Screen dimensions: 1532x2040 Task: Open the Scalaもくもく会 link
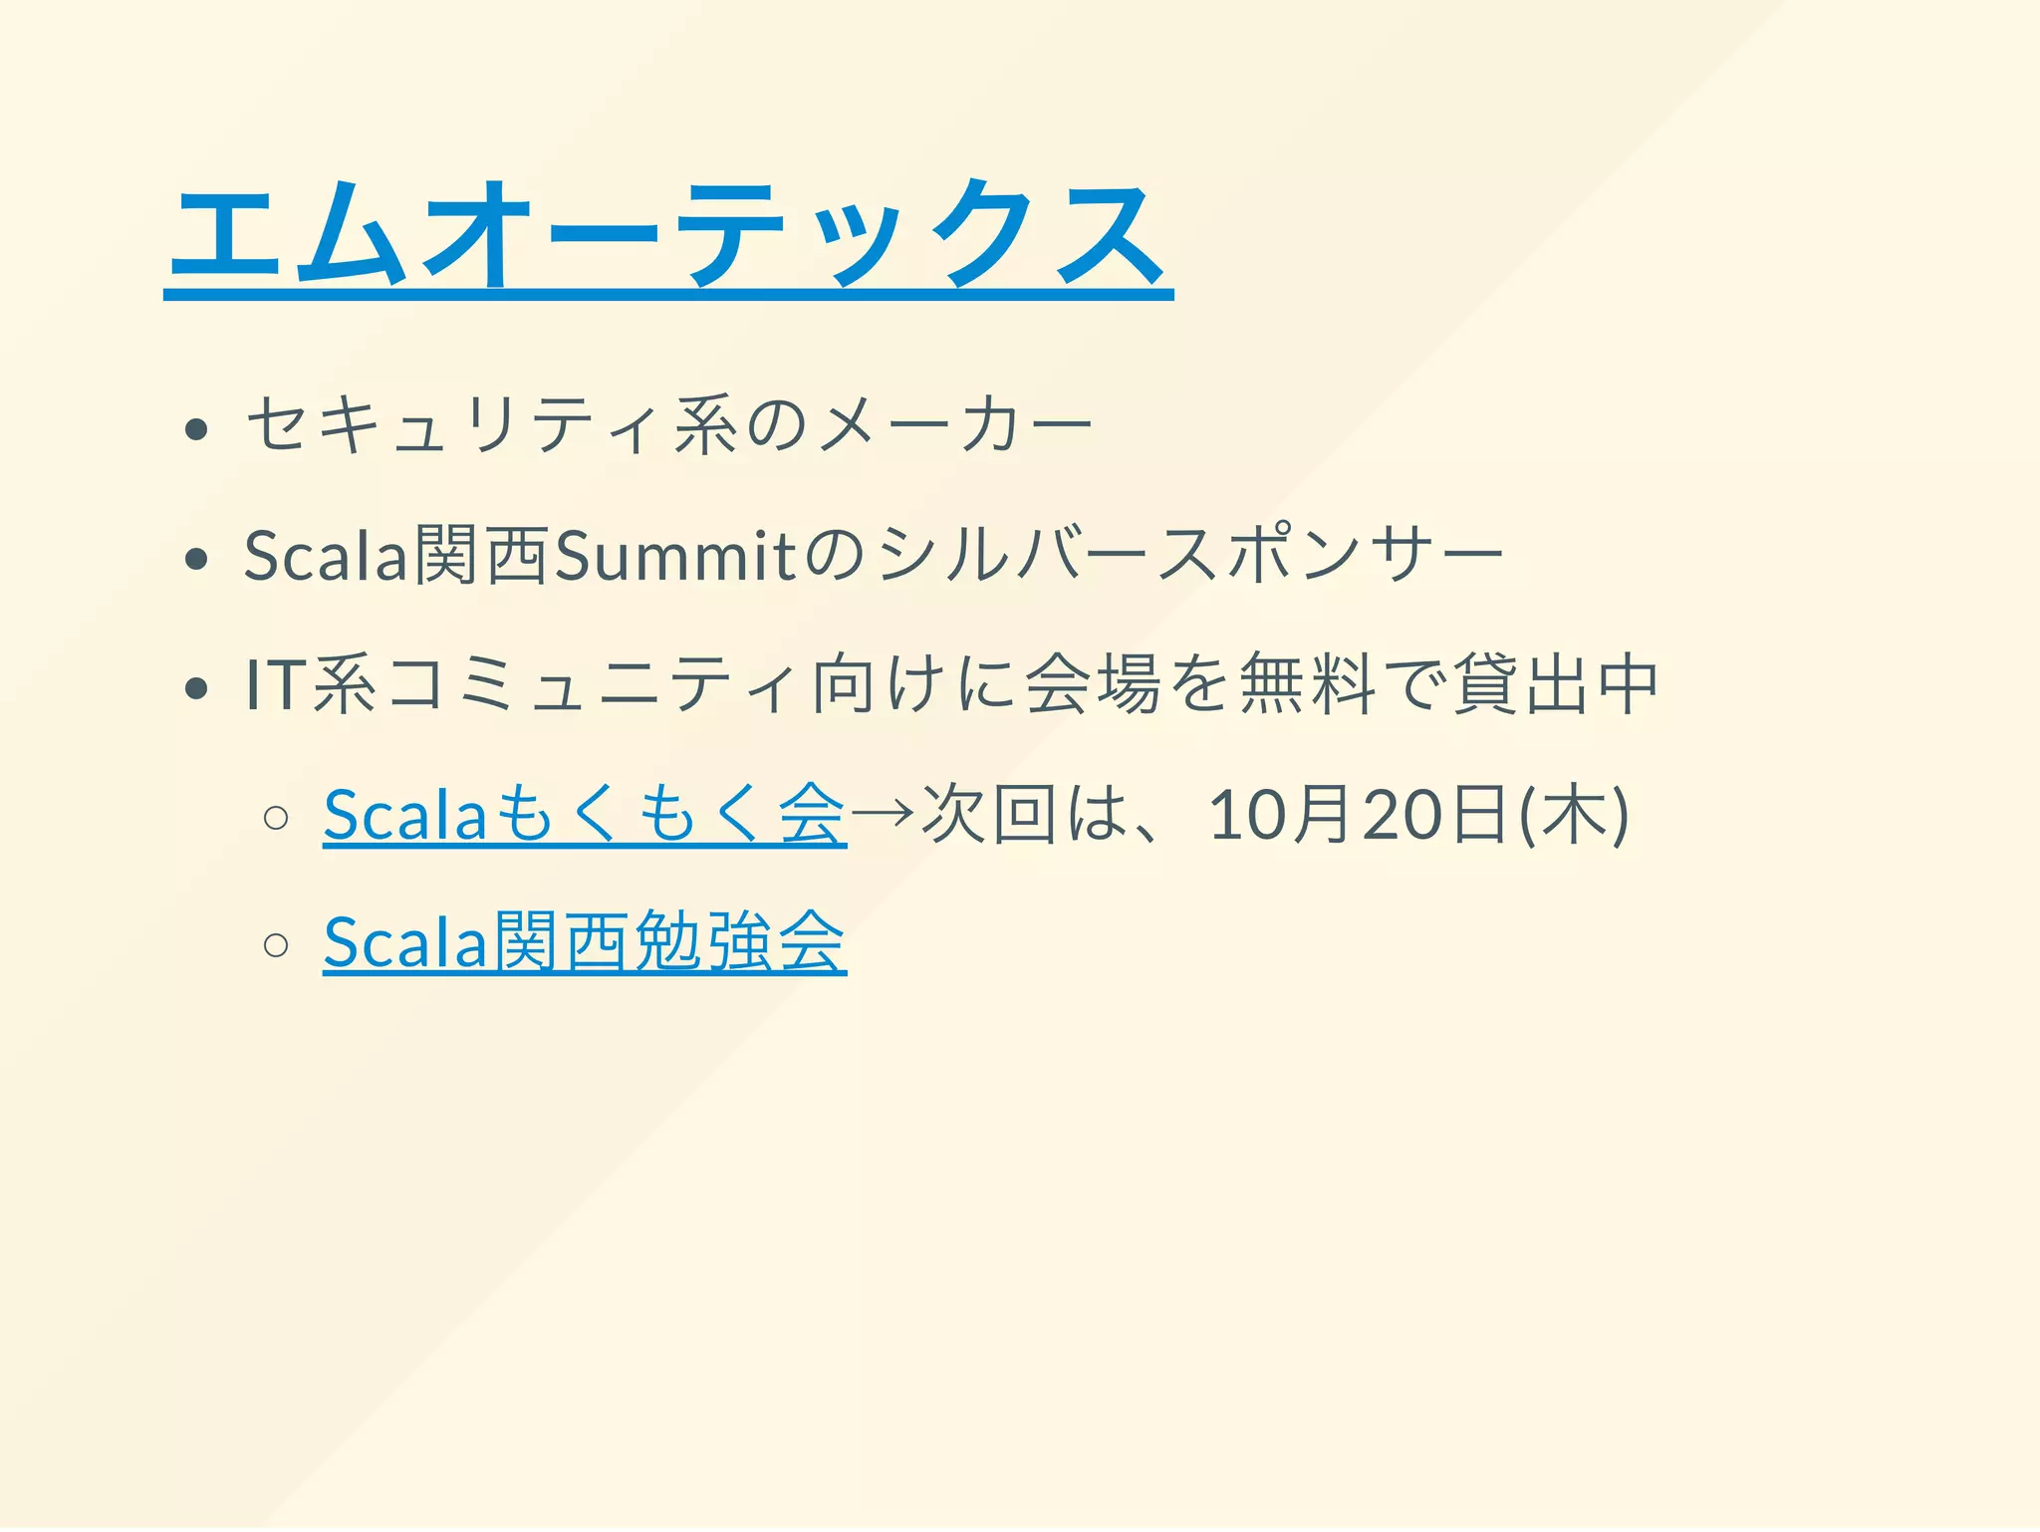(585, 815)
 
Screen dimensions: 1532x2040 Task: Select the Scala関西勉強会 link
(585, 941)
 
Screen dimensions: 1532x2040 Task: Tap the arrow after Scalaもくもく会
(883, 813)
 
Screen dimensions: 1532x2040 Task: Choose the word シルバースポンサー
(1191, 556)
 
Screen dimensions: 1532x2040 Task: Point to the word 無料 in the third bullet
(1307, 685)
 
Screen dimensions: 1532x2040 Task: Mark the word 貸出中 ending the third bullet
(1556, 685)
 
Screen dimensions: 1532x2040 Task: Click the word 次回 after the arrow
(989, 815)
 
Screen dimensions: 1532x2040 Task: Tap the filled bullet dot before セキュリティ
(196, 429)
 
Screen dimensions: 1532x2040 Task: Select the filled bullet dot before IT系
(196, 687)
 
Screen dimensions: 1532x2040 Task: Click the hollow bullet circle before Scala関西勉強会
(276, 943)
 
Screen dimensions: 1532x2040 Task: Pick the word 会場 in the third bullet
(1094, 685)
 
